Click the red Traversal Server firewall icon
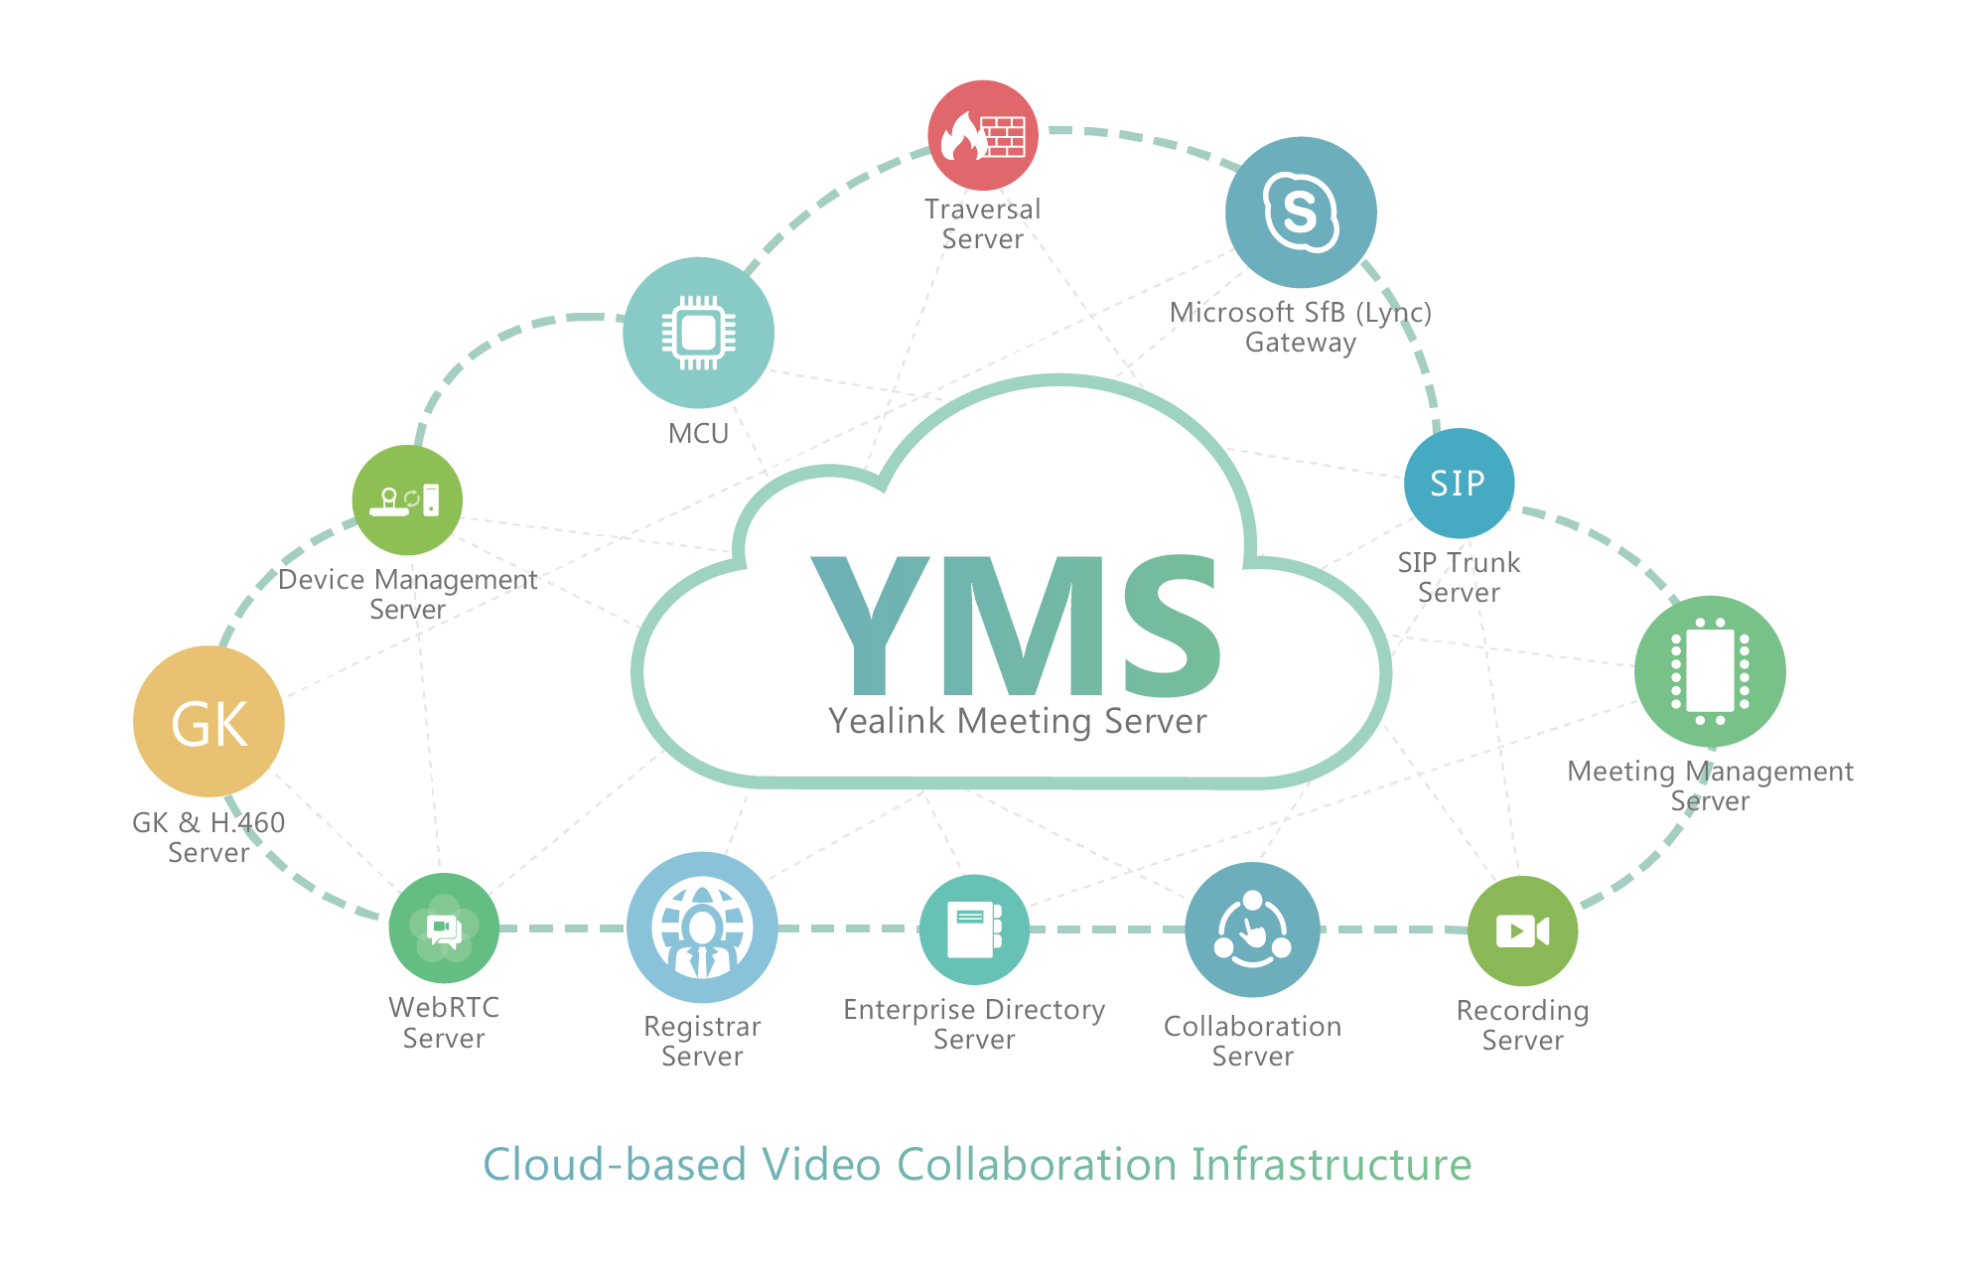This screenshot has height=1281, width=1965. (983, 135)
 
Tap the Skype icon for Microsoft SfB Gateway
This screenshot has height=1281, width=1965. (1301, 213)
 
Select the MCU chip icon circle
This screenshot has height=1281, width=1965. (699, 333)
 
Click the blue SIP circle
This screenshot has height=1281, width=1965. (1459, 484)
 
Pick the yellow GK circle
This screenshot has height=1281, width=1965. (209, 722)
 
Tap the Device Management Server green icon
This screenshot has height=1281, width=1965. (407, 500)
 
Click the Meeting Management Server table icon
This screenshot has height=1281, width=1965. (1710, 671)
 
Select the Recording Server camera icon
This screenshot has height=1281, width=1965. (1522, 931)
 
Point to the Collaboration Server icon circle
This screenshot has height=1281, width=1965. (1253, 929)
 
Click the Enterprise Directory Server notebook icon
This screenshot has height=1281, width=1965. (974, 929)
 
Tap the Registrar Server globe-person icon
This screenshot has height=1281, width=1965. (702, 927)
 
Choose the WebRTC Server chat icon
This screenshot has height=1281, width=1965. (444, 928)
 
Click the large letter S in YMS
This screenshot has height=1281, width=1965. (1173, 625)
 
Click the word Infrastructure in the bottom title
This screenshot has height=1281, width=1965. (1332, 1164)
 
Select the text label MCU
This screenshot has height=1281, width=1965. (699, 434)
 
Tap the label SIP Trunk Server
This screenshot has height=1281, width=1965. (1459, 577)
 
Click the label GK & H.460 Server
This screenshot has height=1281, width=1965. (209, 837)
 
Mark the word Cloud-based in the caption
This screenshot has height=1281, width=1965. (615, 1164)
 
